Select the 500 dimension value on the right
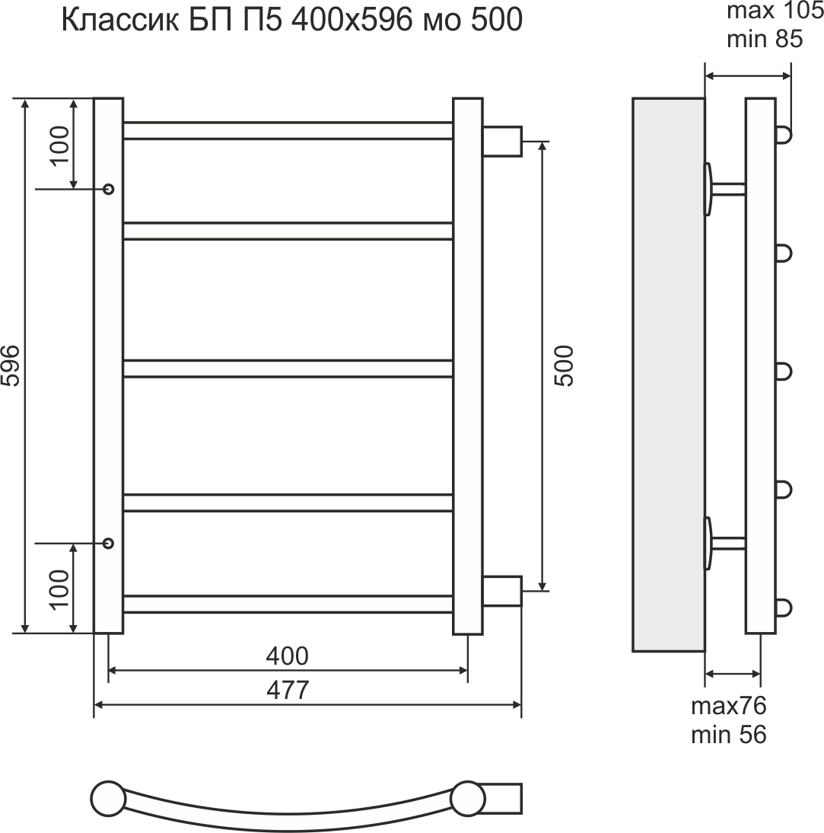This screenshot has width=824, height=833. pos(564,366)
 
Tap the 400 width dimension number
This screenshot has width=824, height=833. pos(288,655)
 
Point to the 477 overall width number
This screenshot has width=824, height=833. pos(288,690)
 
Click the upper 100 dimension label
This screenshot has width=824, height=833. pos(59,145)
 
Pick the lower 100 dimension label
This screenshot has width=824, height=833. pos(59,589)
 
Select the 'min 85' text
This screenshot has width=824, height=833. pos(765,39)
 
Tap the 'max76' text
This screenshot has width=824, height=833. pos(728,706)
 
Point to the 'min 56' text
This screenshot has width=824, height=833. pos(728,735)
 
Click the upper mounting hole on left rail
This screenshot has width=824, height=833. pos(108,188)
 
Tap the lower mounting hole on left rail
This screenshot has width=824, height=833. pos(108,543)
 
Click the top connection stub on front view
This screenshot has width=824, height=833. pos(502,141)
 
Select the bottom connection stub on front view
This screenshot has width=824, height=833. pos(502,591)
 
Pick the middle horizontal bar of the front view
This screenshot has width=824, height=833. pos(288,369)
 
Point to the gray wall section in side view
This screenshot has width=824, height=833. pos(668,375)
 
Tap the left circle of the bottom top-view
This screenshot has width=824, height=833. pos(108,799)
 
